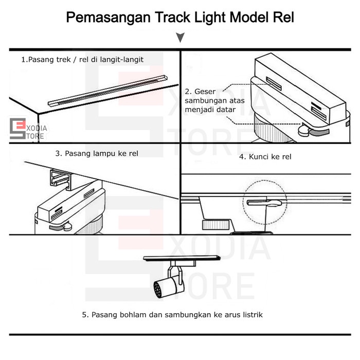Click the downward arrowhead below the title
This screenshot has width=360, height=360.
tap(180, 38)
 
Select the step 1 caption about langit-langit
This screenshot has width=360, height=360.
tap(82, 60)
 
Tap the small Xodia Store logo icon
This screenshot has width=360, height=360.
tap(17, 129)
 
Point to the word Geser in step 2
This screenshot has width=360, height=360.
tap(205, 91)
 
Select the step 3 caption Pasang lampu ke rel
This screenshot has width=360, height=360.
tap(97, 153)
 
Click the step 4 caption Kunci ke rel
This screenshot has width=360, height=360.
tap(265, 156)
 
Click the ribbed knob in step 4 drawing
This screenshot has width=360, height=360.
tap(216, 224)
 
